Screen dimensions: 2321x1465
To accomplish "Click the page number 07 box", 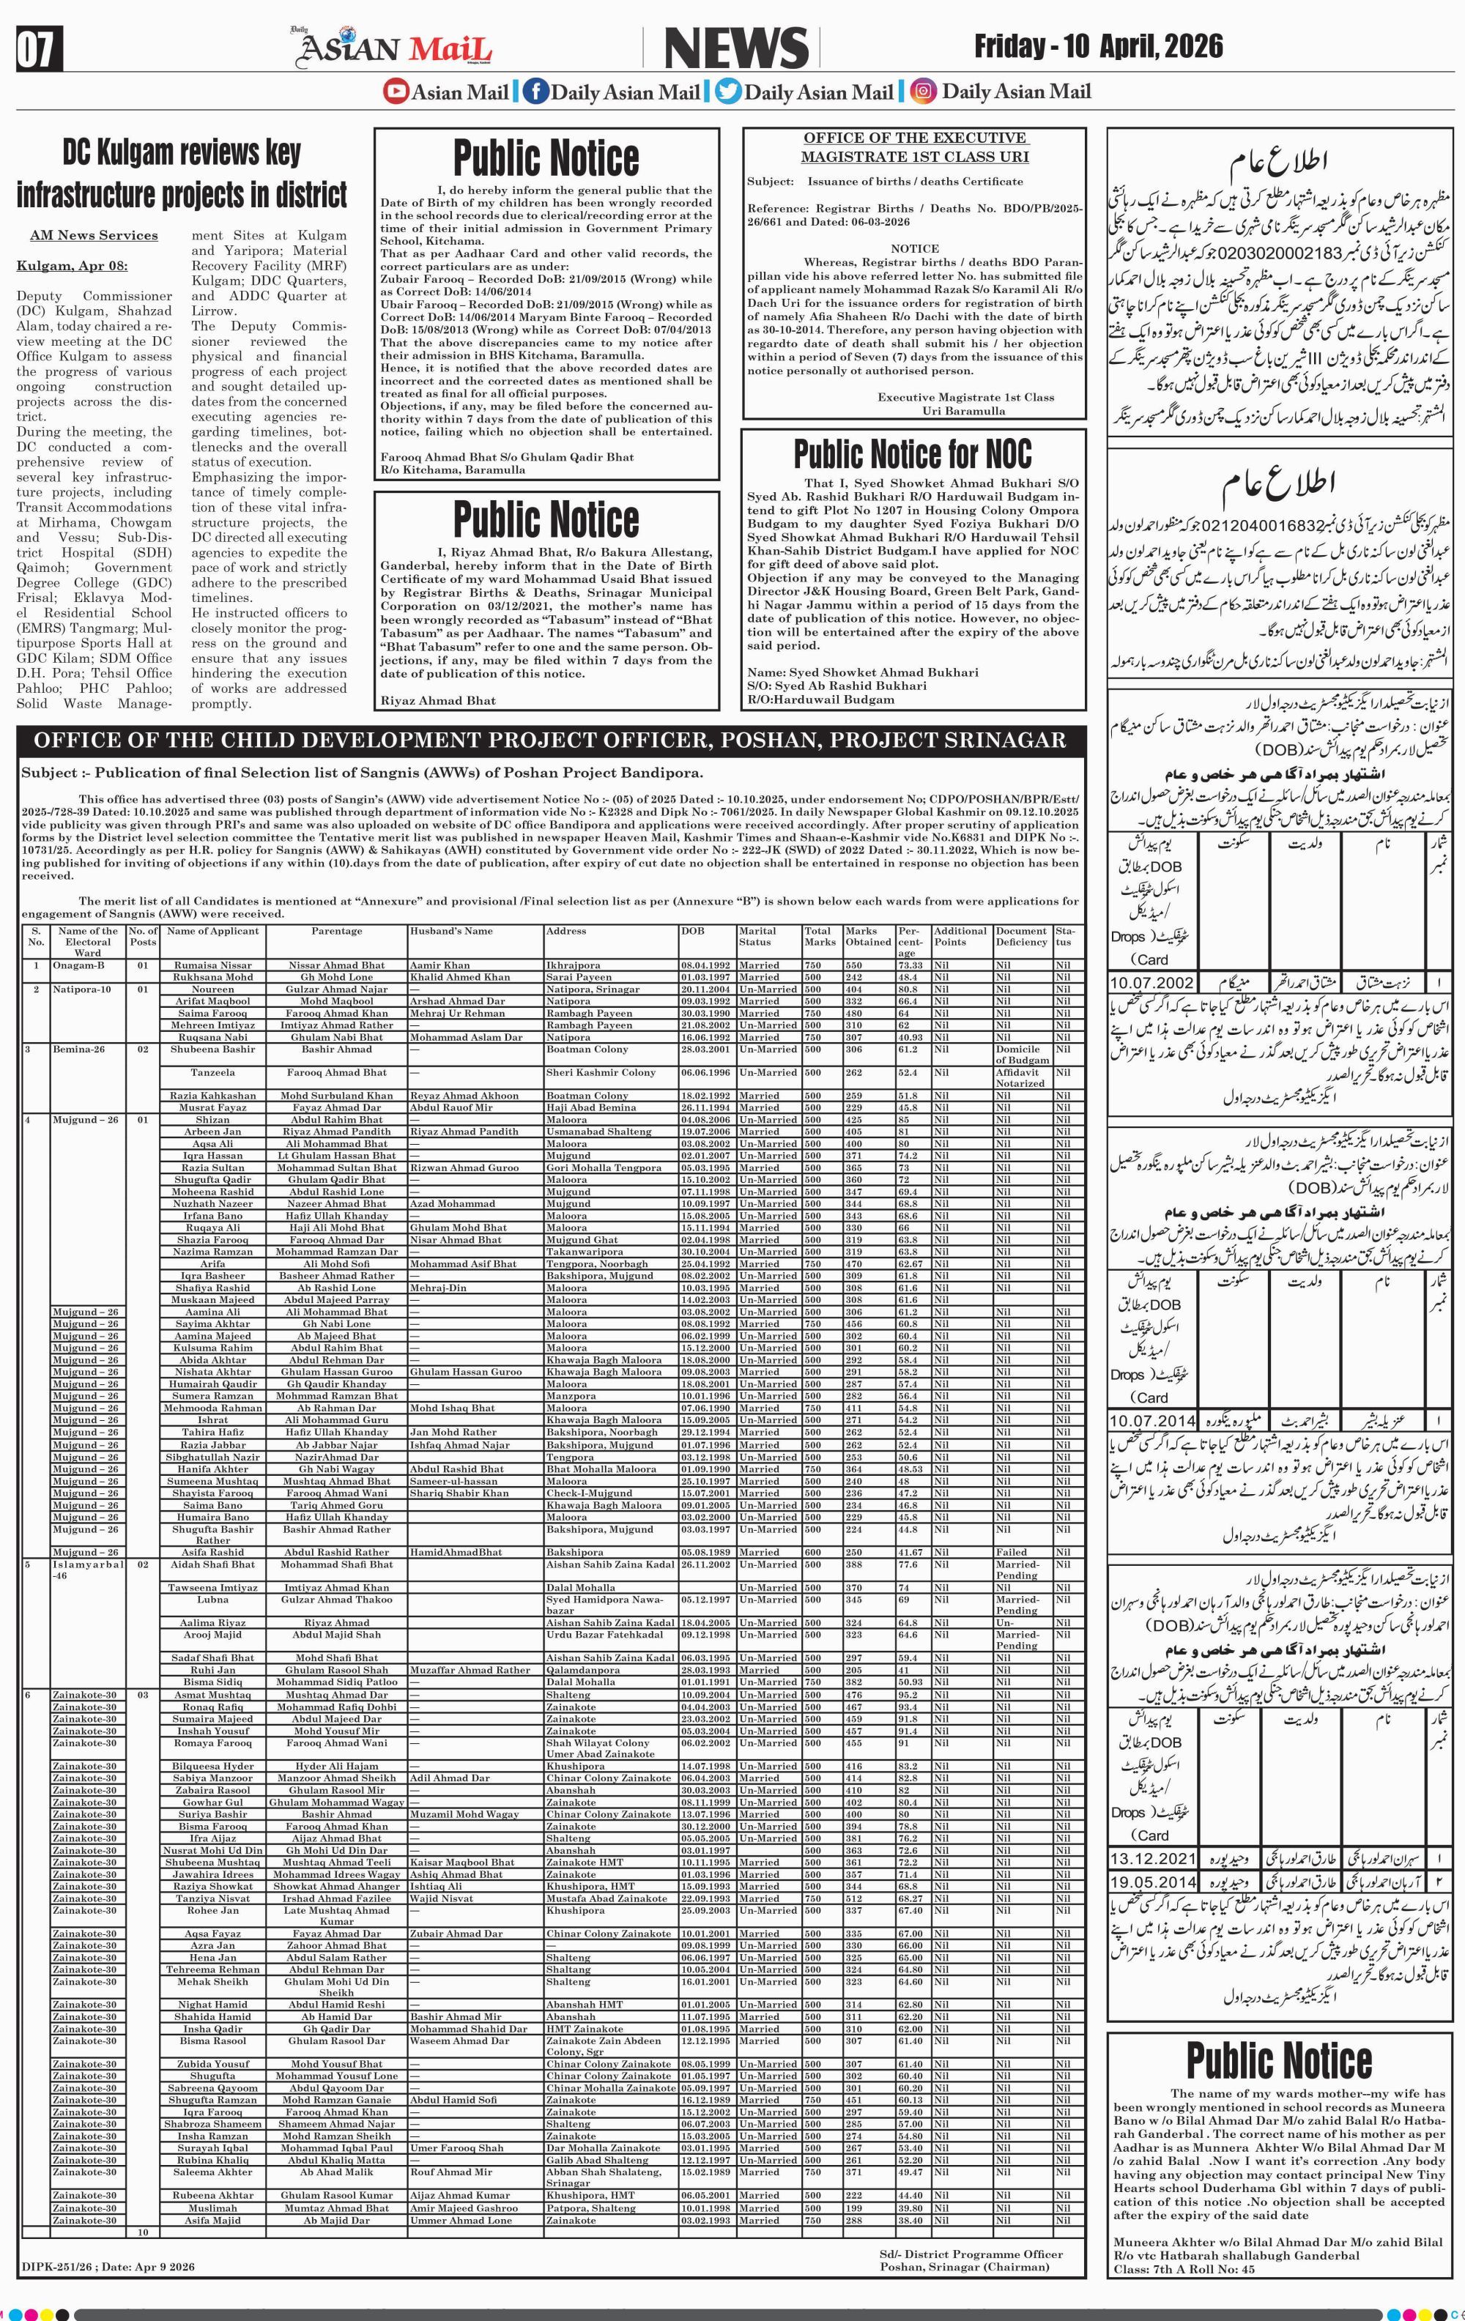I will [39, 50].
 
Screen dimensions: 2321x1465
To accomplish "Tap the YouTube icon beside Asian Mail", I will [395, 92].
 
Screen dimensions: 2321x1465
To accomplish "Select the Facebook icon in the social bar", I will [534, 92].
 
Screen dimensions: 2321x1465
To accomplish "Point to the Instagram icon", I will [924, 92].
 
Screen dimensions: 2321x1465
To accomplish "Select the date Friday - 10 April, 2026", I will [1098, 46].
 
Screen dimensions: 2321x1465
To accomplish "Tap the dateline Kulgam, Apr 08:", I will [71, 266].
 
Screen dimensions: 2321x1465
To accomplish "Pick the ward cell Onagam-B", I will [79, 965].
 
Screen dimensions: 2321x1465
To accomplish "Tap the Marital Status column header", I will [757, 936].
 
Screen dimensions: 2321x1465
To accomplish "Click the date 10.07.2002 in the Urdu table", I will [1151, 983].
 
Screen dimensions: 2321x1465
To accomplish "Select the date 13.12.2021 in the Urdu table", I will [1151, 1858].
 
